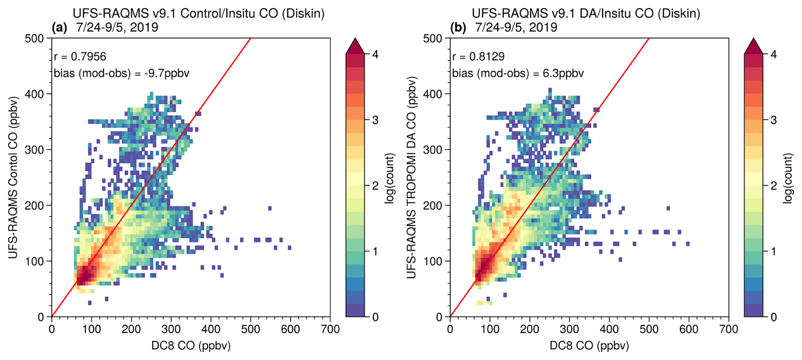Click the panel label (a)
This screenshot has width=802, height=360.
(59, 28)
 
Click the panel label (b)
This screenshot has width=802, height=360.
(458, 28)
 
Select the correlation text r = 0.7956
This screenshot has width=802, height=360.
(80, 57)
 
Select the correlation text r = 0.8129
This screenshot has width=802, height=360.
(478, 57)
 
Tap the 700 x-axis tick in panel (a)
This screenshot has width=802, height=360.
(330, 329)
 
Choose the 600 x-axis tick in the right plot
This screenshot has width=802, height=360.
(689, 329)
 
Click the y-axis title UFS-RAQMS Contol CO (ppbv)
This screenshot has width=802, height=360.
(14, 178)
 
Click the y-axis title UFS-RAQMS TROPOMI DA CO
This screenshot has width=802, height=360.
(412, 178)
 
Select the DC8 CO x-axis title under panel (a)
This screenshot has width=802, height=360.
(191, 346)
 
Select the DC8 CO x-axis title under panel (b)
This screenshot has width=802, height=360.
(589, 346)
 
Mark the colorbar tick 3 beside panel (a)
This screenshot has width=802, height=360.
(375, 120)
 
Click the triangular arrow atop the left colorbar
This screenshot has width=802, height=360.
(355, 46)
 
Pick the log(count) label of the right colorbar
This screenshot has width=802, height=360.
(788, 179)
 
